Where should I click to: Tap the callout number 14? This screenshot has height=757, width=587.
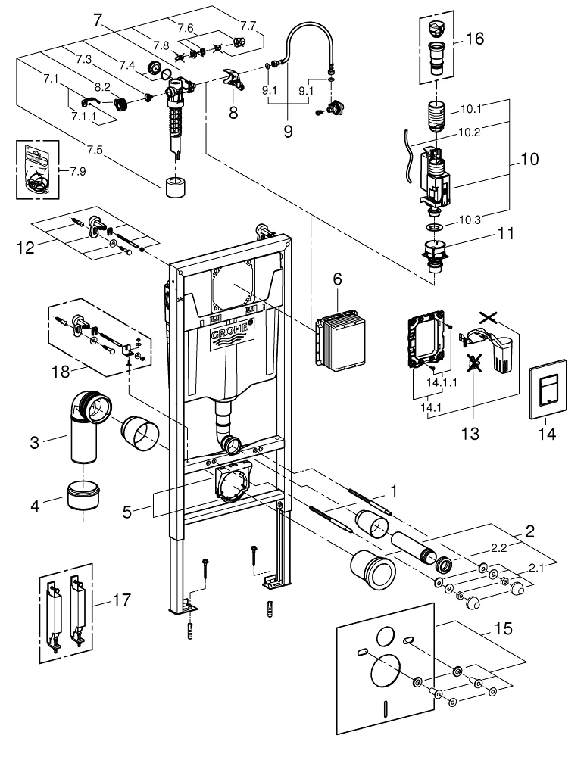546,434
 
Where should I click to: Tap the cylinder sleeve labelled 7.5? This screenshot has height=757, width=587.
175,186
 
